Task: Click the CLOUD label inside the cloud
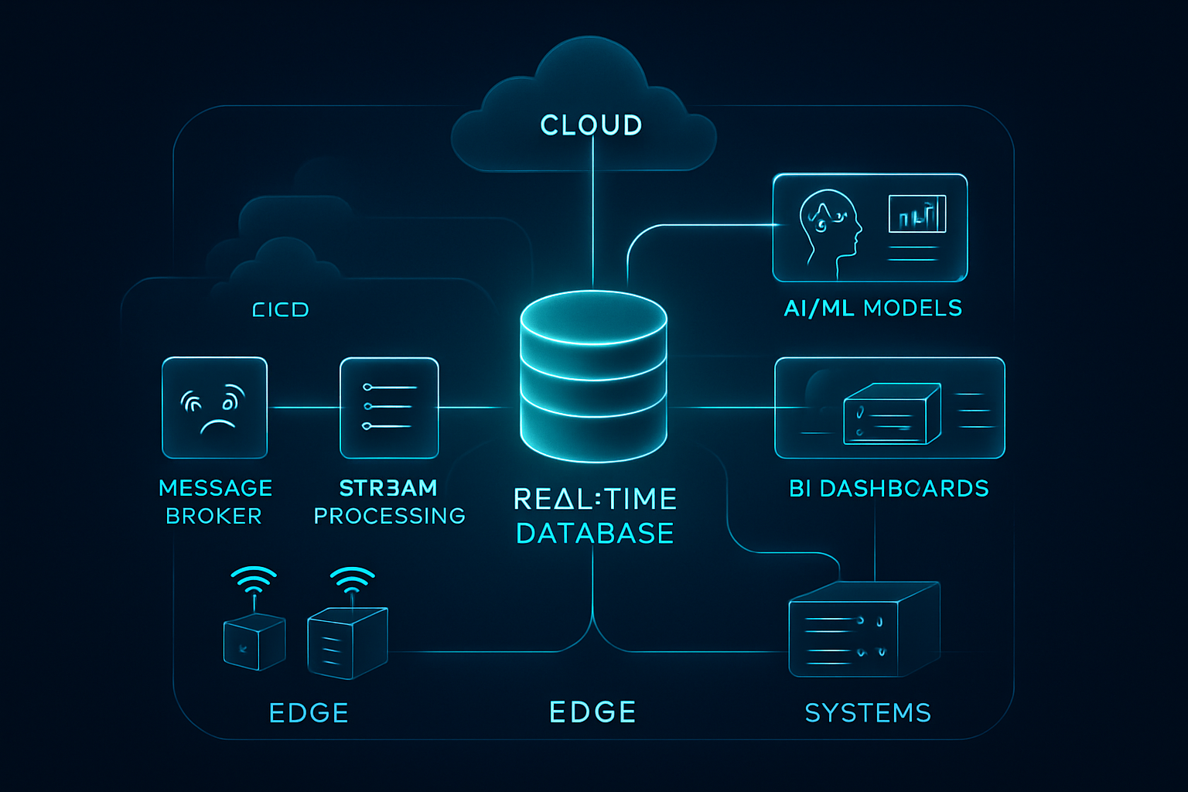tap(591, 125)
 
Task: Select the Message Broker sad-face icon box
tap(214, 408)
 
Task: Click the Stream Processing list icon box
tap(389, 408)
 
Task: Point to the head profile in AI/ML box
tap(828, 228)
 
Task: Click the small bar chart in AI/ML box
tap(917, 214)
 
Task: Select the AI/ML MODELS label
tap(872, 309)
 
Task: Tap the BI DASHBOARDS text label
tap(889, 489)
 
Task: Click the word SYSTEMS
tap(868, 712)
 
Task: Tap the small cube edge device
tap(254, 641)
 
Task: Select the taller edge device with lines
tap(346, 643)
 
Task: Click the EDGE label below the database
tap(592, 712)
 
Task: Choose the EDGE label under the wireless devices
tap(309, 712)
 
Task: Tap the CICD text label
tap(280, 310)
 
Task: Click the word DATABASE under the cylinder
tap(595, 534)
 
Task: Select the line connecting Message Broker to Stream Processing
tap(303, 407)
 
